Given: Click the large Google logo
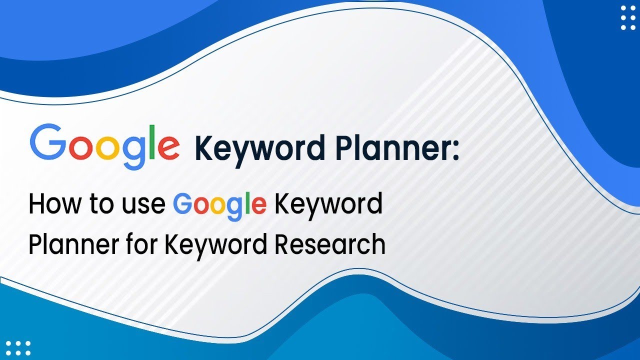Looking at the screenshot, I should (105, 146).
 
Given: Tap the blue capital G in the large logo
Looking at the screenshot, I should (48, 142).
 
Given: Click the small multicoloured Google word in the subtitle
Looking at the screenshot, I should (219, 206).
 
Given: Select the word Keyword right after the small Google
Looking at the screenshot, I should (328, 204).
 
